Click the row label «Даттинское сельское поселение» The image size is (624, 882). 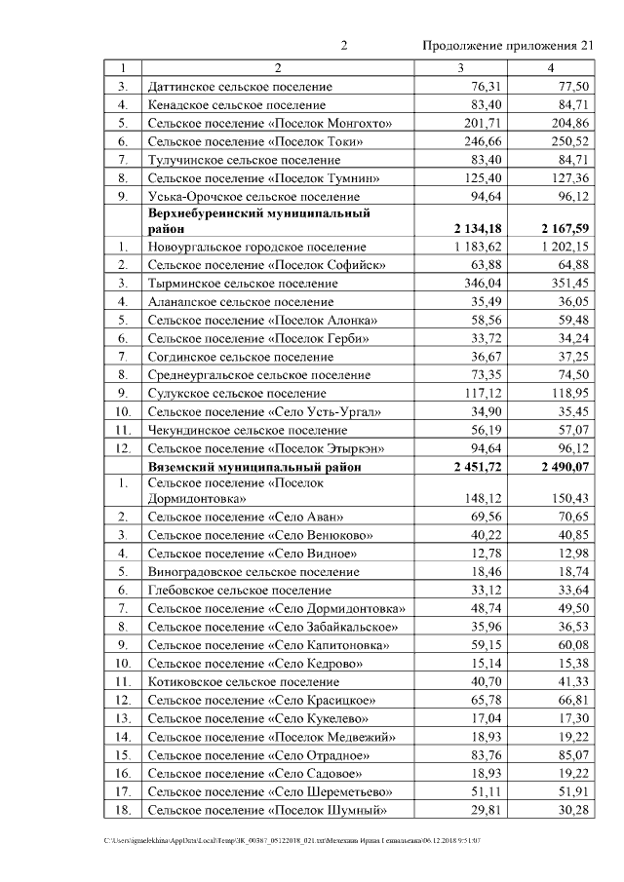click(x=240, y=87)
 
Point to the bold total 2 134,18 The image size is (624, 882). click(x=471, y=228)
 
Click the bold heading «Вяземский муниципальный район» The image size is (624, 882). click(x=254, y=467)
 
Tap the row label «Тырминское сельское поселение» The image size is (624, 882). click(x=242, y=284)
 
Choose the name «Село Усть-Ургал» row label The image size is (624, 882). click(x=264, y=411)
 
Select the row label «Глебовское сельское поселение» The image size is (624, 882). click(x=240, y=590)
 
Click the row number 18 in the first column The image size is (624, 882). click(x=123, y=810)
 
